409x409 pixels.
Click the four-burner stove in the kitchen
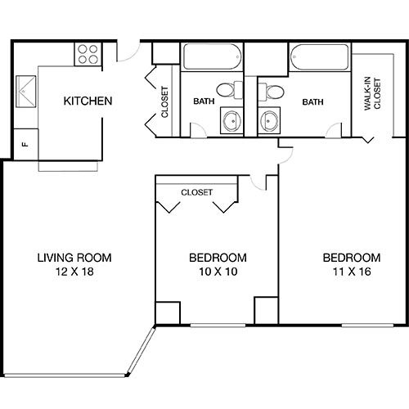[x=88, y=53]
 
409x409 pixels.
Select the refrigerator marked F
[x=25, y=144]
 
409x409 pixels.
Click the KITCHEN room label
[x=88, y=101]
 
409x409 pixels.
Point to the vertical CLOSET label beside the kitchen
[x=165, y=102]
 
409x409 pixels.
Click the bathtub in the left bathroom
[x=211, y=58]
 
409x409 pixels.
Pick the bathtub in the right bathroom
[x=317, y=58]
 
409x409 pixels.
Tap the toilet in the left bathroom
[x=227, y=89]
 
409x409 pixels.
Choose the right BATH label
[x=312, y=102]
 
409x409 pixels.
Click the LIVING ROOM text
[x=74, y=257]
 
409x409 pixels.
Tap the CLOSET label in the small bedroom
[x=196, y=192]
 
